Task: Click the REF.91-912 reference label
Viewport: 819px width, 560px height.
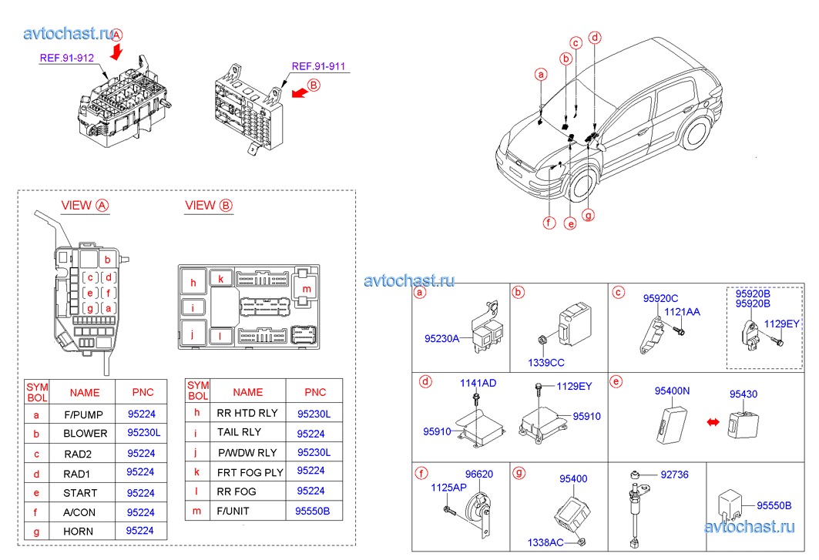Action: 68,57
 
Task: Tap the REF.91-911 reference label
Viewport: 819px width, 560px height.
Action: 317,66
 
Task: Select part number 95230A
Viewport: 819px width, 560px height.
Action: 441,337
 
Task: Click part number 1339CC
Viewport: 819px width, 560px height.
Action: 545,361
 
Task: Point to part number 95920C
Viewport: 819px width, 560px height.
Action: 661,298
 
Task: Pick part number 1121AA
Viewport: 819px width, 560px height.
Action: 683,312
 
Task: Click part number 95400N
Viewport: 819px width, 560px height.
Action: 672,391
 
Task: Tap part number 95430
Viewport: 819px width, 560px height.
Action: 743,394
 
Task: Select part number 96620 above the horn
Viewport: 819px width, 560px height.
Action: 478,475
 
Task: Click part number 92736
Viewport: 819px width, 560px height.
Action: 675,475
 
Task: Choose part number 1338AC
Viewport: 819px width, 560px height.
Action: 545,542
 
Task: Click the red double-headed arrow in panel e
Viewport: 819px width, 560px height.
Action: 713,422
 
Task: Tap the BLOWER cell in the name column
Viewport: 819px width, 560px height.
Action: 85,433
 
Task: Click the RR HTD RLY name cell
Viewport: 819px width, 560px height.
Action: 247,413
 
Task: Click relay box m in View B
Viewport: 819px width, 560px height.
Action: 307,288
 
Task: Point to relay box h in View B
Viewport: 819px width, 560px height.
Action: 193,283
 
